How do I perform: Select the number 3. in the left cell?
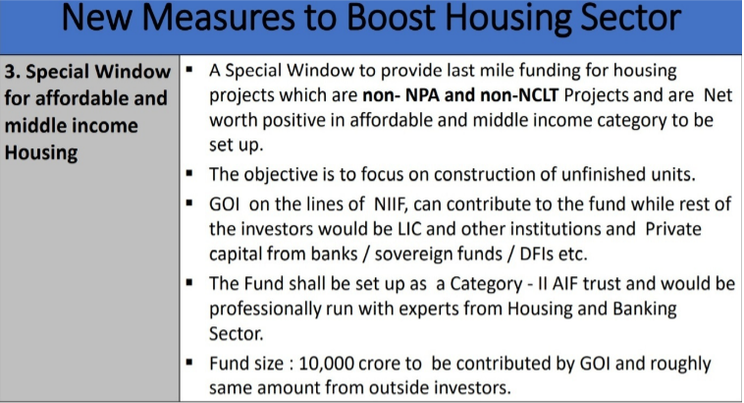pos(15,73)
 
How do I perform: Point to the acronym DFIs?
pos(565,255)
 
